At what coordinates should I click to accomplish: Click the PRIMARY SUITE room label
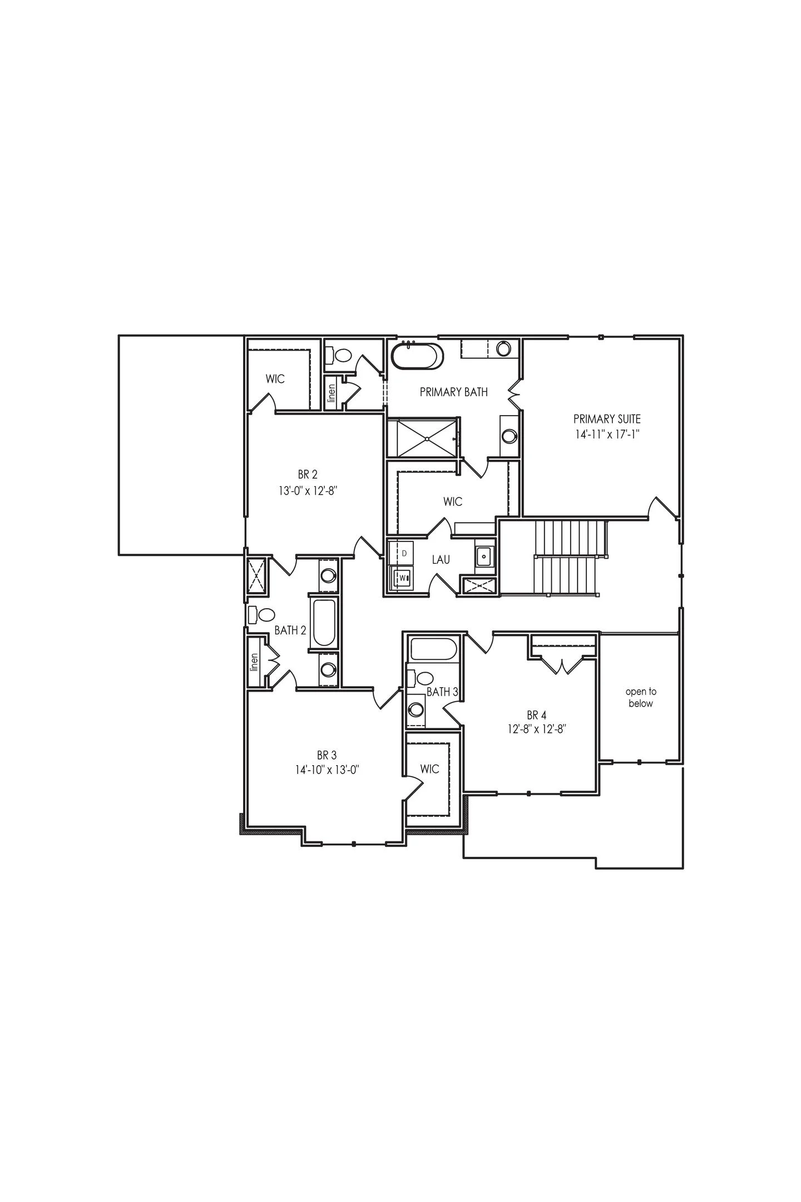click(607, 418)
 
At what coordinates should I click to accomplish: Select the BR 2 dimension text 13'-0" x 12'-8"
click(308, 491)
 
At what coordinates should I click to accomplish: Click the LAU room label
click(441, 560)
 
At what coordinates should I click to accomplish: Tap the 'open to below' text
click(641, 697)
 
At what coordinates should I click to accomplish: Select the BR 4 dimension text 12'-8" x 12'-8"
click(536, 729)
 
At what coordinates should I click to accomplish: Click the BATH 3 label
click(442, 692)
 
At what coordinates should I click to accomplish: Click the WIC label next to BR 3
click(429, 769)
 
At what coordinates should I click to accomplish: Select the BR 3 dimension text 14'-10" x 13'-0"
click(328, 770)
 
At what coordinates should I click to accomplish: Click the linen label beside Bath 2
click(255, 662)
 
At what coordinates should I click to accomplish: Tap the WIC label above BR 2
click(275, 379)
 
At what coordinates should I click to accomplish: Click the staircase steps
click(567, 556)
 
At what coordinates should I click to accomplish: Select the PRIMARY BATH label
click(453, 392)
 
